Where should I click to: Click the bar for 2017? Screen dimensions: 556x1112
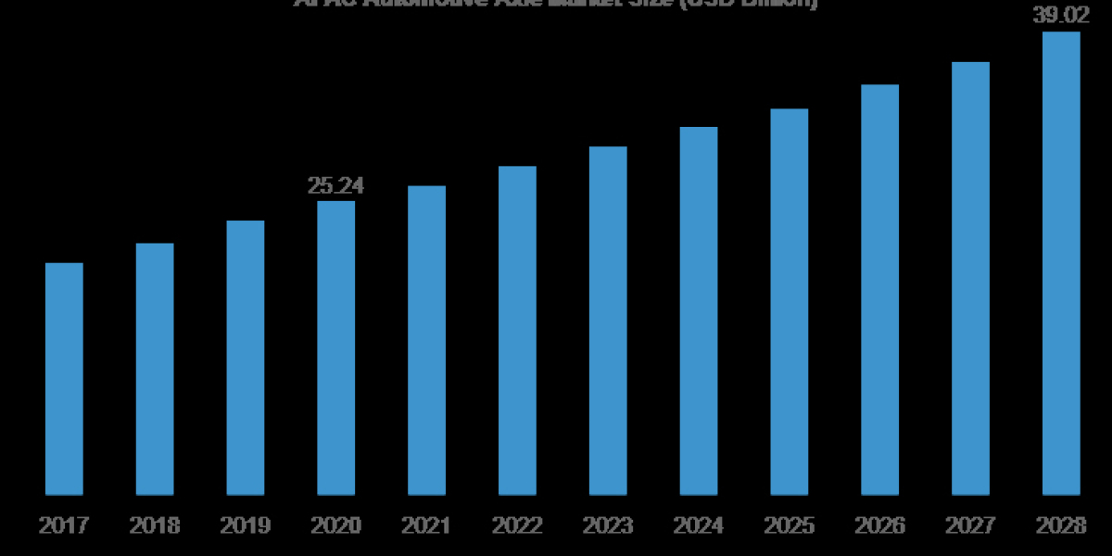click(64, 379)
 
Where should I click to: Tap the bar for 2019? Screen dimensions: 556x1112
click(246, 358)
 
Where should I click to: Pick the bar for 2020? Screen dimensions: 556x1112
click(335, 347)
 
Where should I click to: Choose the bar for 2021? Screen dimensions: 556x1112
click(426, 340)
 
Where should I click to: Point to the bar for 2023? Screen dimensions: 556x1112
click(608, 321)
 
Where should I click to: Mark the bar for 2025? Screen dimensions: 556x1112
click(790, 302)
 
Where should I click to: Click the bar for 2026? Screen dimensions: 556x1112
click(879, 290)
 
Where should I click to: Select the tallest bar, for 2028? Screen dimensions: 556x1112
click(1061, 263)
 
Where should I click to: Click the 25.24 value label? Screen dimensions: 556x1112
click(335, 186)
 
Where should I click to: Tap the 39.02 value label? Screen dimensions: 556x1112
click(1061, 16)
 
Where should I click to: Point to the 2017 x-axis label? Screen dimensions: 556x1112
click(64, 525)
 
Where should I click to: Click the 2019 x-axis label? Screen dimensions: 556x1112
click(246, 525)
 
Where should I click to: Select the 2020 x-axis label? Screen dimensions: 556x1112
click(335, 525)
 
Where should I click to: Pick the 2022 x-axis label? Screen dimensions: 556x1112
click(517, 525)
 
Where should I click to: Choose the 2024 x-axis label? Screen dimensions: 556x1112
click(699, 525)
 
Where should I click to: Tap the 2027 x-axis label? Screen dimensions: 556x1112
click(970, 525)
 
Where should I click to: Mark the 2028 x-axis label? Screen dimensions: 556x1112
click(1061, 525)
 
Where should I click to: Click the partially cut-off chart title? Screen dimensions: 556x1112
click(556, 4)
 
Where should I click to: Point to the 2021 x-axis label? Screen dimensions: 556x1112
click(426, 525)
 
